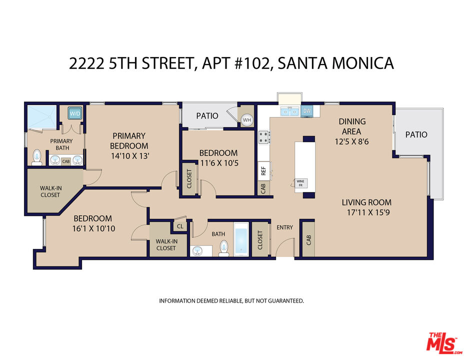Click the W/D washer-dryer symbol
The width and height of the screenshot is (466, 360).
[75, 113]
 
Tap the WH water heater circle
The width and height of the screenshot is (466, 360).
[246, 120]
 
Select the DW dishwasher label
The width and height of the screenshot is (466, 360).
[307, 111]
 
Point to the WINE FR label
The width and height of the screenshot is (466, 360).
[300, 183]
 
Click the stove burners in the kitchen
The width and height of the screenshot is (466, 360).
[263, 136]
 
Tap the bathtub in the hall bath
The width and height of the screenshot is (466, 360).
[241, 239]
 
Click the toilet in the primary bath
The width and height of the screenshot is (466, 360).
[36, 157]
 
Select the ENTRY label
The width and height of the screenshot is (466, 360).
[284, 227]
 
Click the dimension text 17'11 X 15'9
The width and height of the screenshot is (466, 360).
[366, 213]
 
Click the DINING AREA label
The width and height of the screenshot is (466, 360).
[352, 126]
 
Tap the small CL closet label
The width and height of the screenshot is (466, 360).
[179, 226]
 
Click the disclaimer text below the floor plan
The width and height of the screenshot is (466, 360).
[231, 301]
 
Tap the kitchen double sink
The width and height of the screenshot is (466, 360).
[290, 111]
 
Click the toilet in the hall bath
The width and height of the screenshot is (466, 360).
[223, 247]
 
